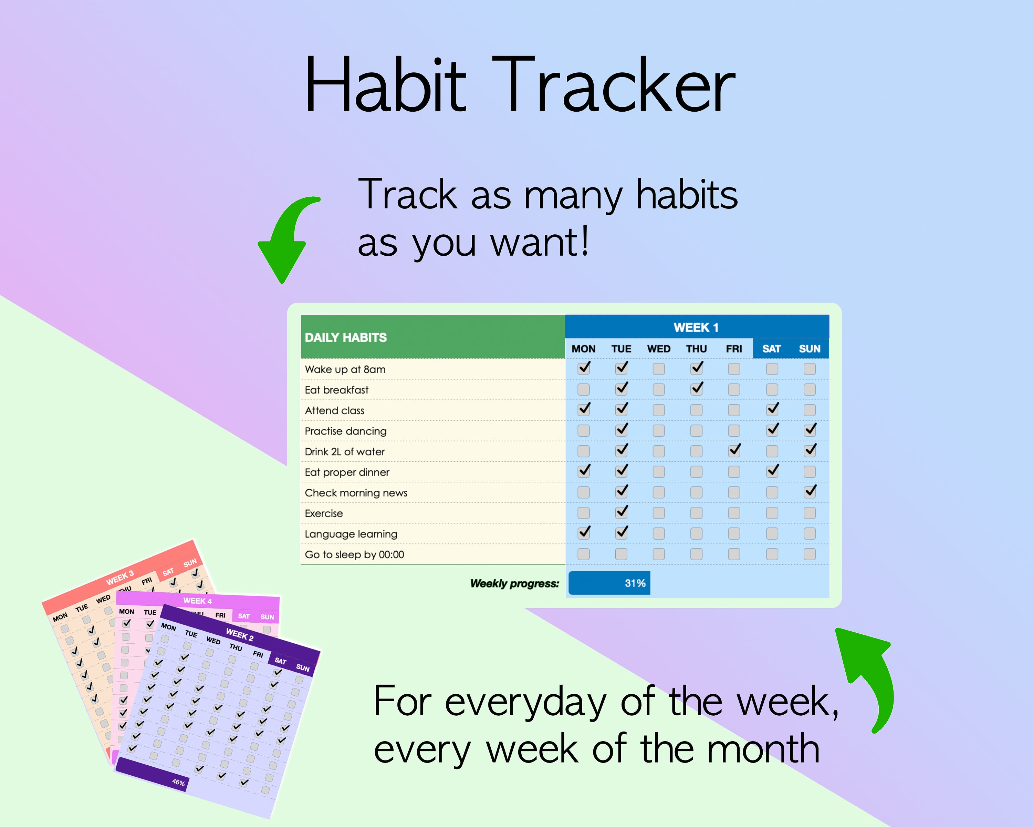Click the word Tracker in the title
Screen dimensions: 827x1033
point(613,85)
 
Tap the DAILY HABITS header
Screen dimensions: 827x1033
point(345,337)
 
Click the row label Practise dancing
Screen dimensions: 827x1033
point(345,431)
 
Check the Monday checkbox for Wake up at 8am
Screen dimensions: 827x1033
point(584,368)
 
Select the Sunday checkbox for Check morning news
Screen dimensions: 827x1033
point(810,492)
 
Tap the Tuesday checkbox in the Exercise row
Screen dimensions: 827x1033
point(622,512)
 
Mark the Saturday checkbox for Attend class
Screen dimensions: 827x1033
point(772,409)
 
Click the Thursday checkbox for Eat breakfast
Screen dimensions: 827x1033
point(697,389)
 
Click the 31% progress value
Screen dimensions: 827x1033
point(635,583)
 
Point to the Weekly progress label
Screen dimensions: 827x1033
point(514,583)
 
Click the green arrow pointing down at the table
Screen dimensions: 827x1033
point(285,240)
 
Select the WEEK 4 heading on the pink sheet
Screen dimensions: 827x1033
point(197,601)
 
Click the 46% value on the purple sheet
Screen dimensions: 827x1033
point(178,783)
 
